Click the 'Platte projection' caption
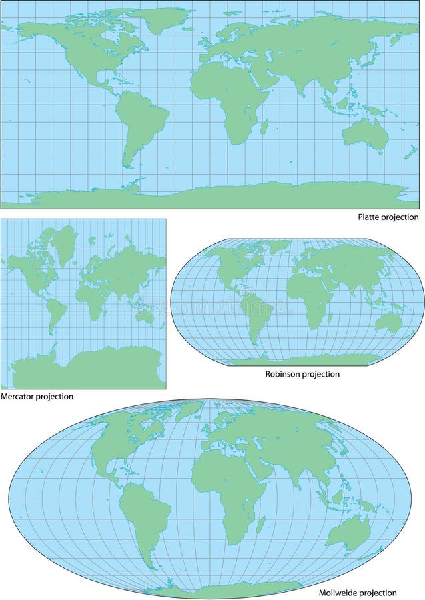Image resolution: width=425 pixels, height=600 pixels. coord(388,217)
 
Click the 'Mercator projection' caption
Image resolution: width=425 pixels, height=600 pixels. coord(37,396)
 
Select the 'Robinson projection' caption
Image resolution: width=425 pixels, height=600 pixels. coord(302,374)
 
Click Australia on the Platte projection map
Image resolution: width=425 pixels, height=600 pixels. coord(366,135)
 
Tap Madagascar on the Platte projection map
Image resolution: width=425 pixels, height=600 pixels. coord(265,126)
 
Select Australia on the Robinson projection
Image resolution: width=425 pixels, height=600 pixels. coord(388,323)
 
